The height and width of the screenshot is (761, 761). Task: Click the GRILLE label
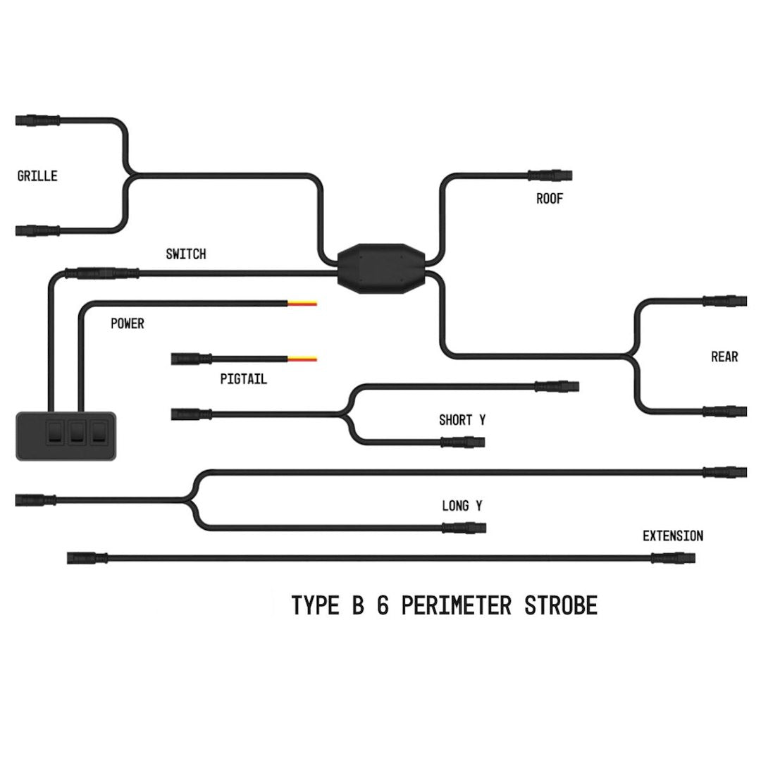click(37, 176)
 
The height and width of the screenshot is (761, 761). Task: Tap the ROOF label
click(550, 199)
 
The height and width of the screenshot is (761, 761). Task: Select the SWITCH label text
click(186, 254)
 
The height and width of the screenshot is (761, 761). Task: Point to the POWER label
click(128, 324)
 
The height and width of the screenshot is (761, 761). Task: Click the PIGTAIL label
click(244, 380)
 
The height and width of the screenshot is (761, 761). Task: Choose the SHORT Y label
click(462, 421)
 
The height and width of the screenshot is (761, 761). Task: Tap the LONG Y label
click(462, 506)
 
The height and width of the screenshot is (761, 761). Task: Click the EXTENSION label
click(672, 536)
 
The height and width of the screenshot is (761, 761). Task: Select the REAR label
click(724, 357)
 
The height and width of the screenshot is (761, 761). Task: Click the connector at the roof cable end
click(550, 175)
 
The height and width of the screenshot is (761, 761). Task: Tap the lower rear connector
click(726, 411)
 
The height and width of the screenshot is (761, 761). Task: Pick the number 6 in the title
click(383, 605)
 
